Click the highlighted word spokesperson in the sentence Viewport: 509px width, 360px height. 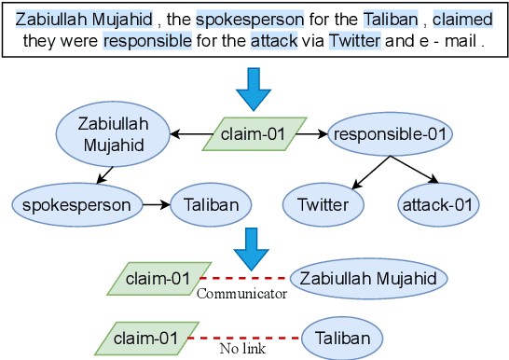coord(250,20)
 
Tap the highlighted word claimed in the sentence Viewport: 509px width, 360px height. coord(462,20)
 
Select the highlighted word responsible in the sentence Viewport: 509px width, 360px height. coord(147,41)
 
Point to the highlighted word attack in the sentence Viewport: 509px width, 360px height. coord(274,41)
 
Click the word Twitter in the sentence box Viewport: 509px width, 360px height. coord(354,41)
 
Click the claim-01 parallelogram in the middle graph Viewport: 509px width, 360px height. coord(254,134)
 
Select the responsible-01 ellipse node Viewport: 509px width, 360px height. coord(390,134)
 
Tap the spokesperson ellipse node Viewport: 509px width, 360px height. coord(77,205)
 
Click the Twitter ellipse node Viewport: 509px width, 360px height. coord(323,205)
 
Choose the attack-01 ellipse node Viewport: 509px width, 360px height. coord(438,205)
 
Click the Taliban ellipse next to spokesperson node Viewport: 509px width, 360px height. coord(211,205)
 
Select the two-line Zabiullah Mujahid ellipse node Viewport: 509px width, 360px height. coord(113,134)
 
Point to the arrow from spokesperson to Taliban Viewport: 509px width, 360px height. coord(157,205)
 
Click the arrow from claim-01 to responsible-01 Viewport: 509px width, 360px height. coord(311,133)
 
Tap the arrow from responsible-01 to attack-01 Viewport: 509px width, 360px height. coord(415,170)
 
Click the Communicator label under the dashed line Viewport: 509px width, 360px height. coord(241,294)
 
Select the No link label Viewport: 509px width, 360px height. coord(242,349)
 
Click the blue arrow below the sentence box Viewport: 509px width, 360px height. coord(254,90)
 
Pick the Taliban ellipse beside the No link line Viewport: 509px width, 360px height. coord(342,339)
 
